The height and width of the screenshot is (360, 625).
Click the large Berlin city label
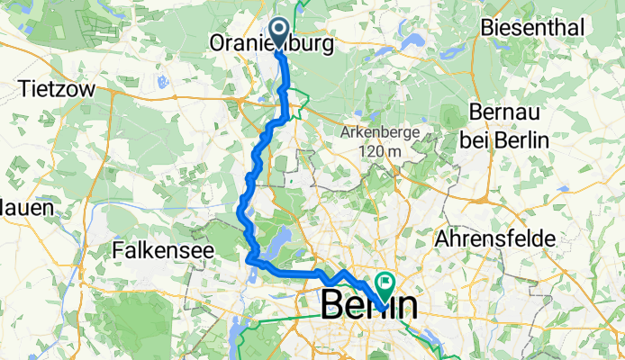(x=369, y=305)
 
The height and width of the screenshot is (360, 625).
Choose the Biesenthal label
(x=533, y=28)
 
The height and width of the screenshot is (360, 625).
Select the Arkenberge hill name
(x=378, y=132)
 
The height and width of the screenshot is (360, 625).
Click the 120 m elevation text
(x=376, y=151)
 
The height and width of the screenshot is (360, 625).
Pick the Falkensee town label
(x=160, y=251)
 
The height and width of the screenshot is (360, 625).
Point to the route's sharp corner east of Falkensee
(x=248, y=261)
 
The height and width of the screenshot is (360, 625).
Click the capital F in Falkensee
(x=120, y=251)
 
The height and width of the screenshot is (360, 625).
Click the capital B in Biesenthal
(x=489, y=28)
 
